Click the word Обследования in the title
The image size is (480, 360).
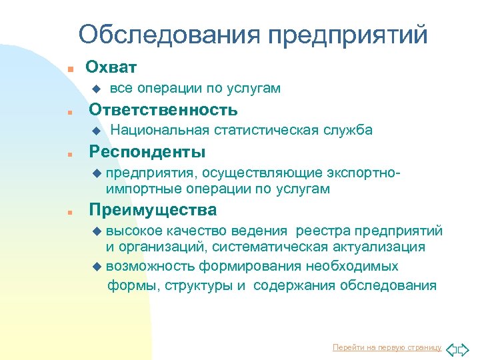(169, 35)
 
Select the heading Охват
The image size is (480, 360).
(111, 67)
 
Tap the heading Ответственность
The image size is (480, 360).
(163, 109)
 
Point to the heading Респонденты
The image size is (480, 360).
(147, 151)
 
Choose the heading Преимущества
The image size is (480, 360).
(153, 210)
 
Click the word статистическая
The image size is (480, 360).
(262, 130)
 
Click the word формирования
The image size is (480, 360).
(249, 267)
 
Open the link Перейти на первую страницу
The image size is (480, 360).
(387, 347)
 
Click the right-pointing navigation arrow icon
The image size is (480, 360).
(467, 347)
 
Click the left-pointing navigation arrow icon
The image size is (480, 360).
(451, 347)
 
